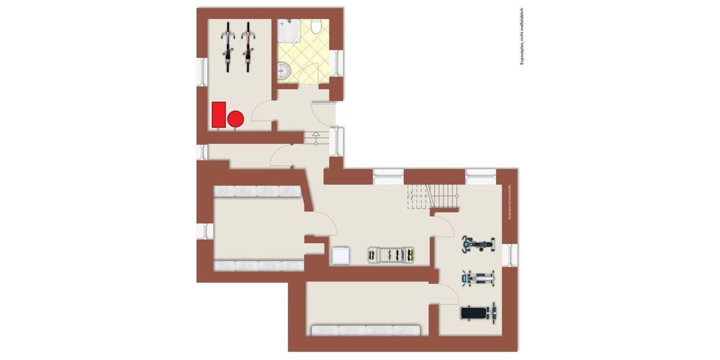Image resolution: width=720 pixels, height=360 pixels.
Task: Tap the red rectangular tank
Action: [219, 115]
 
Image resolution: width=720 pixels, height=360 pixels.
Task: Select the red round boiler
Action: [236, 119]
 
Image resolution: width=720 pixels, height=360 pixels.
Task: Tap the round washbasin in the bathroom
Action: [284, 73]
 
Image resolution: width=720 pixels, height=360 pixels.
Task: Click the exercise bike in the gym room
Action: [478, 244]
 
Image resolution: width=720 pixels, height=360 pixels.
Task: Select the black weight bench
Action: [478, 313]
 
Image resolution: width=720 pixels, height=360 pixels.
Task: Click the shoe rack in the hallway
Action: [392, 256]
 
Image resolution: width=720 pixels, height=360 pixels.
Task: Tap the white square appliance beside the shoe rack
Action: [341, 255]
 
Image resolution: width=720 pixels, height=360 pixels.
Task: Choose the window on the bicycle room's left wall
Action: [202, 71]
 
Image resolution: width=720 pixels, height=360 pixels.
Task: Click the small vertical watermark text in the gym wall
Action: [510, 202]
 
